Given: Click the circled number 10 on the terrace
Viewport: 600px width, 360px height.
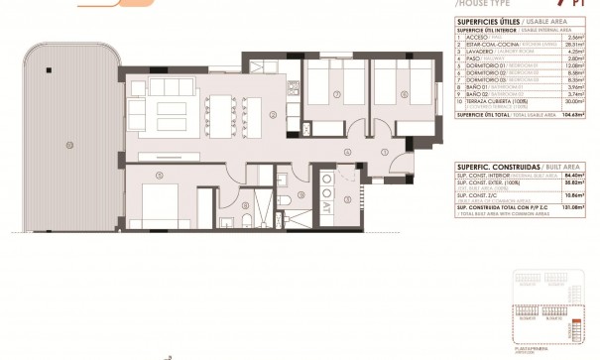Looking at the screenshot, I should click(69, 145).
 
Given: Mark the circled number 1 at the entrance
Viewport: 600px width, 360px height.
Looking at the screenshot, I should click(384, 152).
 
